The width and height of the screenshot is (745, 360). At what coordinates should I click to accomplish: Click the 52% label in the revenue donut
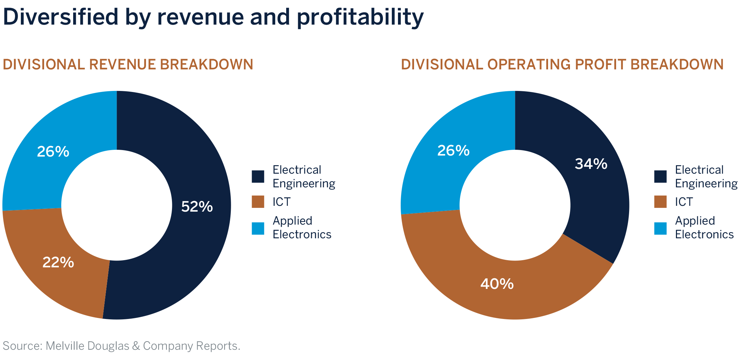(x=197, y=207)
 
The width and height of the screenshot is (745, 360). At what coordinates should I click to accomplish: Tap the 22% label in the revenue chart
(x=58, y=263)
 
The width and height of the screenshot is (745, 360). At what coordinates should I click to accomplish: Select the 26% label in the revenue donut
(x=53, y=152)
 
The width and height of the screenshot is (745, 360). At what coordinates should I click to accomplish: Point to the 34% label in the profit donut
(x=591, y=164)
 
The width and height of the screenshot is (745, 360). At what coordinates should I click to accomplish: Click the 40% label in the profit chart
(x=497, y=284)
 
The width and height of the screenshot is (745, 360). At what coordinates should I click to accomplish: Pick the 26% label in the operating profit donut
(x=453, y=151)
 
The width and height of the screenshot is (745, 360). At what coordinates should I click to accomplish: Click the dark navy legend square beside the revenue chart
(x=258, y=177)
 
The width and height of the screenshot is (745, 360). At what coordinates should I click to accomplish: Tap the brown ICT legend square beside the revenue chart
(x=258, y=202)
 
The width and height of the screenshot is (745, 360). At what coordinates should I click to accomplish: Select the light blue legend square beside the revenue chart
(x=258, y=228)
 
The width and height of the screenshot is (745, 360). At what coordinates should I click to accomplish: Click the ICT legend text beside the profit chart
(x=683, y=202)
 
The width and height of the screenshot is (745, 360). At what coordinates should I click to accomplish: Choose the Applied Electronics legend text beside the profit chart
(x=704, y=228)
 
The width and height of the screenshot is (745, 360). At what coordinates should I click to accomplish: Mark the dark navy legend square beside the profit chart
(x=660, y=177)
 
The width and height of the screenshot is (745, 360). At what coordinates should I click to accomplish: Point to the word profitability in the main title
(x=360, y=18)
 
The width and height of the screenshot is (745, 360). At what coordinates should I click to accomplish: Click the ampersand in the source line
(x=136, y=346)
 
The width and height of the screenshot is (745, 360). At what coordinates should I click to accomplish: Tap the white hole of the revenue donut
(x=117, y=205)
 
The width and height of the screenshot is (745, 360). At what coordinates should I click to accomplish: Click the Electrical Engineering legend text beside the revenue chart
(x=304, y=177)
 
